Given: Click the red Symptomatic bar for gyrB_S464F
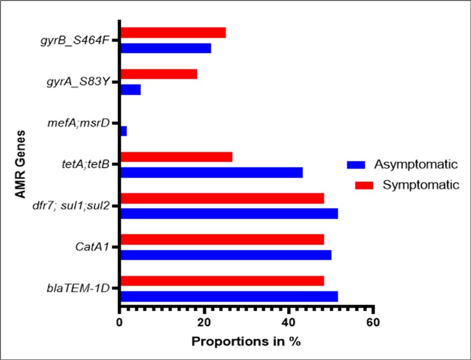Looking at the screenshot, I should (173, 33).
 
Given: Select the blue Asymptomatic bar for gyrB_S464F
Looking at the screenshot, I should (165, 48).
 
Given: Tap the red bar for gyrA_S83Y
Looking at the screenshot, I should (159, 74).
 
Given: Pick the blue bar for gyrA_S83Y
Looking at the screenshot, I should (130, 90).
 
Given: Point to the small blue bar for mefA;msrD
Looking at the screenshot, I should (123, 131).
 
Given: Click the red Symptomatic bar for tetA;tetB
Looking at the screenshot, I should (176, 157).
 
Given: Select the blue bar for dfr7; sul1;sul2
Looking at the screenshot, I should (229, 214).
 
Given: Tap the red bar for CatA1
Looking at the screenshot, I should (222, 239).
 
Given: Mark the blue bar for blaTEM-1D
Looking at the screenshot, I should (229, 296).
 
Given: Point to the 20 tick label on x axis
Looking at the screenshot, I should (204, 323).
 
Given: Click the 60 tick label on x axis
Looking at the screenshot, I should (373, 323).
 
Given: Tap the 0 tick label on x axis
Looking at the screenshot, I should (120, 323).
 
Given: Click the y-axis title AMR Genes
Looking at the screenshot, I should (20, 165).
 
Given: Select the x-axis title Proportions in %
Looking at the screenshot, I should (246, 341).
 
